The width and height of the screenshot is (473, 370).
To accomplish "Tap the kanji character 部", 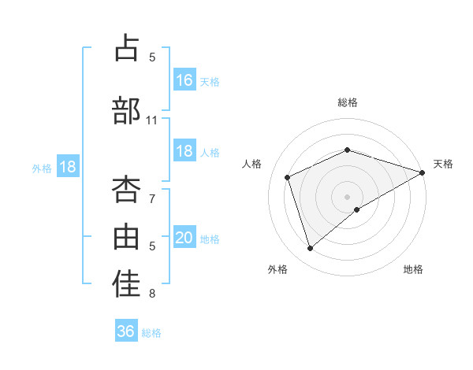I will click(x=126, y=110).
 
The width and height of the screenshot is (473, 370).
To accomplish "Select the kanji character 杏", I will click(x=126, y=190).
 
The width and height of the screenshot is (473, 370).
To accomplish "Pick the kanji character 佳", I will click(x=126, y=286).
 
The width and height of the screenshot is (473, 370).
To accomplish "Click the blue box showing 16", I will click(x=184, y=80).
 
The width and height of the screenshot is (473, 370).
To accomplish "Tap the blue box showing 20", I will click(x=184, y=238).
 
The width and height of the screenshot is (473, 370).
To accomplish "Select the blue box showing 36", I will click(x=126, y=331).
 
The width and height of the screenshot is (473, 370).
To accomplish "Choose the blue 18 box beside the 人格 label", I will click(x=184, y=151).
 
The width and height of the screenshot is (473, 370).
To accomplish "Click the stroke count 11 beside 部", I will click(x=152, y=120).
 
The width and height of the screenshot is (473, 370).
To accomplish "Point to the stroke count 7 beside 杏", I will click(x=152, y=199).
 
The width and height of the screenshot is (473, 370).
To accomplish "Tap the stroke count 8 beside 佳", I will click(x=152, y=294).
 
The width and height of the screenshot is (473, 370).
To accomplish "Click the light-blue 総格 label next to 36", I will click(x=151, y=332).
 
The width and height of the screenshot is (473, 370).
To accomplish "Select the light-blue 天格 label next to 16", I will click(x=210, y=81).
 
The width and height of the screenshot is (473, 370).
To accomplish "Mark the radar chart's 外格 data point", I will click(x=310, y=249).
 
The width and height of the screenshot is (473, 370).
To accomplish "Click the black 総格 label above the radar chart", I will click(x=347, y=102).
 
